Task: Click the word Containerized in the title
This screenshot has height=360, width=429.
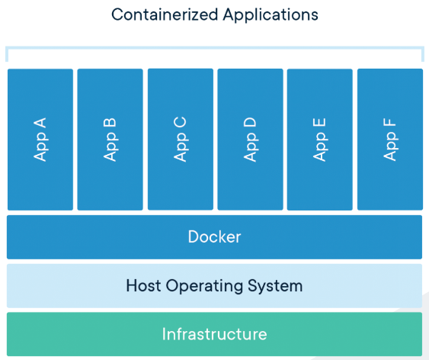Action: tap(165, 14)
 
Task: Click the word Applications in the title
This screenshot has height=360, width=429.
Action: tap(271, 15)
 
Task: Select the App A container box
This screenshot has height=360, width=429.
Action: tap(40, 140)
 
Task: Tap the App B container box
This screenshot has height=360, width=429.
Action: tap(110, 140)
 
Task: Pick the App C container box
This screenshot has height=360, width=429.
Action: tap(181, 140)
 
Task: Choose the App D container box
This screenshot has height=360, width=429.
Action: tap(251, 140)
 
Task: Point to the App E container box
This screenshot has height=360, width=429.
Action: tap(320, 140)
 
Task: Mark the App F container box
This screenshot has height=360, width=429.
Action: tap(390, 140)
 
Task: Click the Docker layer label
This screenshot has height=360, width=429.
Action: tap(215, 236)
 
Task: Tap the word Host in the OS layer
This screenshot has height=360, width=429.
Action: tap(143, 285)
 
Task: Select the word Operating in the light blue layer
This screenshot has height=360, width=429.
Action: tap(204, 287)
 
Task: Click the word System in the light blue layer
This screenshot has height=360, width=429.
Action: tap(275, 287)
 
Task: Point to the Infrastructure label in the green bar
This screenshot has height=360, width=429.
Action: tap(215, 334)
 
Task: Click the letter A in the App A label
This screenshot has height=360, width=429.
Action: tap(40, 123)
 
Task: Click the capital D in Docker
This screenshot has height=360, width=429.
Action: tap(194, 236)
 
